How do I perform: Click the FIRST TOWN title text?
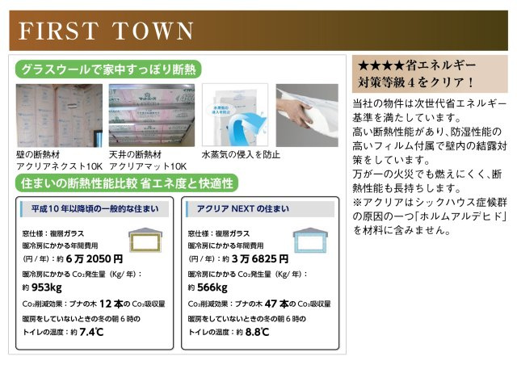[106, 31]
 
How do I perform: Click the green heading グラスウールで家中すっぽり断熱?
[107, 69]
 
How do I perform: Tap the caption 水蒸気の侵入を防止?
[240, 153]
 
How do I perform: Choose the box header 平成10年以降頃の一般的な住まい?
[94, 210]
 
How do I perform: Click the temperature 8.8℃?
[257, 332]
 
